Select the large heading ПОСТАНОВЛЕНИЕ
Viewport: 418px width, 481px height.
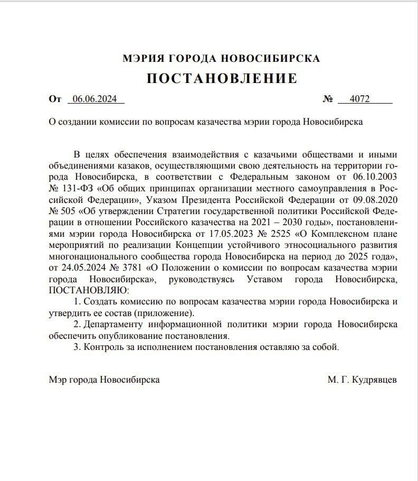tap(222, 79)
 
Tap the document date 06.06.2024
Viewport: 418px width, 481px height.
tap(94, 99)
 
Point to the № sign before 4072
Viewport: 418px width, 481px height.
tap(328, 99)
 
